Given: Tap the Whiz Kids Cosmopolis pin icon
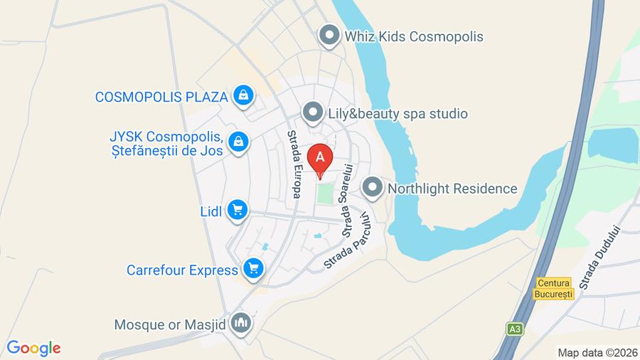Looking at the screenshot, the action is point(329,36).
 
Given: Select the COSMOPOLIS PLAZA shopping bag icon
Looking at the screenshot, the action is point(243,95).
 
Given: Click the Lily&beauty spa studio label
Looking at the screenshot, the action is point(398,113).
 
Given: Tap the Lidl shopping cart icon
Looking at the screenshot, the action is point(237,210).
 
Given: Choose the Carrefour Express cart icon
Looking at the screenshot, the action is point(252,269).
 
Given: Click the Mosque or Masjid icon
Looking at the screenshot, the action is point(242,324).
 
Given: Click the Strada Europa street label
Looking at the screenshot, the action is point(293,164).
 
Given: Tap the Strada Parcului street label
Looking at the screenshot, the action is point(348,240).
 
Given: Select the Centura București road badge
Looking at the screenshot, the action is point(555,288).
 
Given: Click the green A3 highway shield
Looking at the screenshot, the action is point(514,329).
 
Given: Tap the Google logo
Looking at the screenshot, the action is point(33,348).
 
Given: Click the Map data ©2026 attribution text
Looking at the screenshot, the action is point(597,352).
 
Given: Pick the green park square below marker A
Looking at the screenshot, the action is point(325,193).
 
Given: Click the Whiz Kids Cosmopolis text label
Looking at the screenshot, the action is point(413,36).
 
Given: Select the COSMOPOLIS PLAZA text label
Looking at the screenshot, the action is point(161,96).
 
